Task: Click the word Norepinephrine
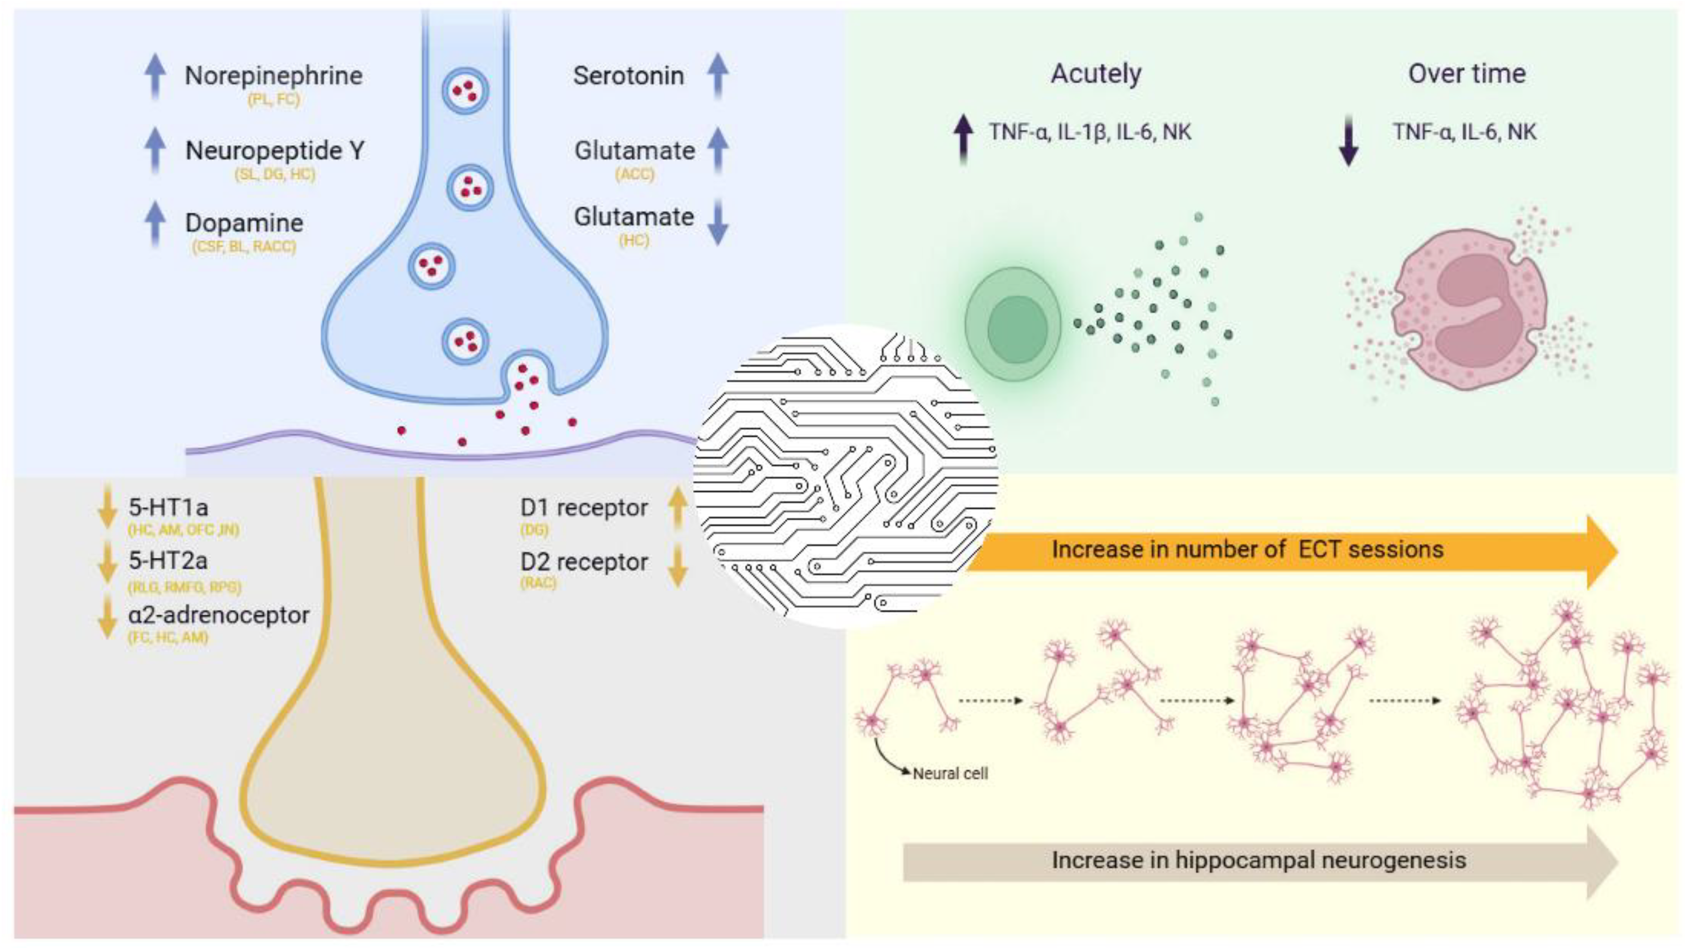(273, 76)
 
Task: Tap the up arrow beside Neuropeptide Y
(155, 150)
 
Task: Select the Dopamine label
(244, 223)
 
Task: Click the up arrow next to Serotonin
(718, 75)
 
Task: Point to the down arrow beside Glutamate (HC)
(718, 222)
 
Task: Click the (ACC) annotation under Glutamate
(634, 174)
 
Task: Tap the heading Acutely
(1096, 73)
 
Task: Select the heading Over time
(1467, 73)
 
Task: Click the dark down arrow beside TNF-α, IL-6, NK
(1349, 140)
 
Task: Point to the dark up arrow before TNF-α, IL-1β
(963, 139)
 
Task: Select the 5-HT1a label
(168, 507)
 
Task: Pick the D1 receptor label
(583, 507)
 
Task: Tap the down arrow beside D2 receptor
(678, 565)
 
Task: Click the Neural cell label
(950, 774)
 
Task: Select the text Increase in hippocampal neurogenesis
(1259, 860)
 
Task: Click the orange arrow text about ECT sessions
(1247, 550)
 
